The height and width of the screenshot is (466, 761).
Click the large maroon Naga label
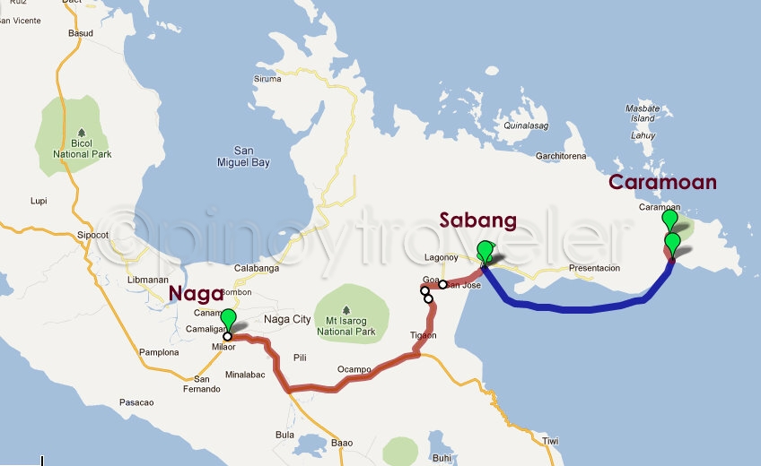click(x=196, y=293)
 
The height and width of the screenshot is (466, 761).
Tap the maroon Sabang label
click(x=477, y=220)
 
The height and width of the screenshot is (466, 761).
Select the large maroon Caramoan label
click(x=662, y=183)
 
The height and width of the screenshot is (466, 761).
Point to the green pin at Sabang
click(x=485, y=251)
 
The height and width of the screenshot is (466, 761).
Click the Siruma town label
click(x=267, y=79)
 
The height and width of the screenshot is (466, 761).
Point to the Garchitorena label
click(x=561, y=156)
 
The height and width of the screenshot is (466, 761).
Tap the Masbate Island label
click(x=643, y=113)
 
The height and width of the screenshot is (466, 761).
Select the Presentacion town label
click(x=594, y=268)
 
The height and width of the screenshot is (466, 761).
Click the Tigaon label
click(x=423, y=335)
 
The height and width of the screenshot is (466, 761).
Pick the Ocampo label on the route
click(x=354, y=369)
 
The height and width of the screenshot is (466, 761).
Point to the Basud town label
click(x=81, y=34)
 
